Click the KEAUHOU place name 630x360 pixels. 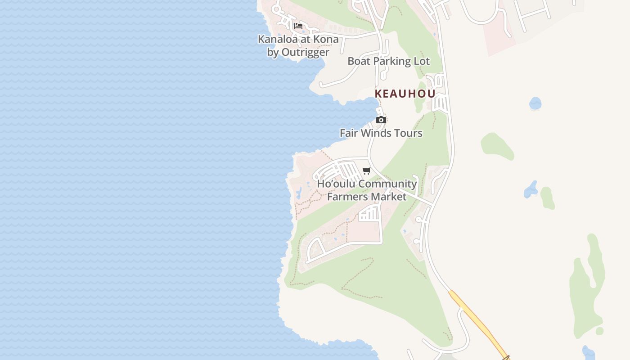(x=405, y=94)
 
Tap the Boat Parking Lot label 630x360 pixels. (x=388, y=61)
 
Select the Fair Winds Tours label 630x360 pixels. (x=381, y=133)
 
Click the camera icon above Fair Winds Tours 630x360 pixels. (x=381, y=120)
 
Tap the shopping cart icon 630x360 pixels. (x=366, y=171)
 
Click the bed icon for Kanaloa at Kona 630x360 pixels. (x=298, y=26)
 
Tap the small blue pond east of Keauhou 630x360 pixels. (x=535, y=103)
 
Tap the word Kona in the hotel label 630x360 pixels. (x=325, y=39)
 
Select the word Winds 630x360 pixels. (x=375, y=133)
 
